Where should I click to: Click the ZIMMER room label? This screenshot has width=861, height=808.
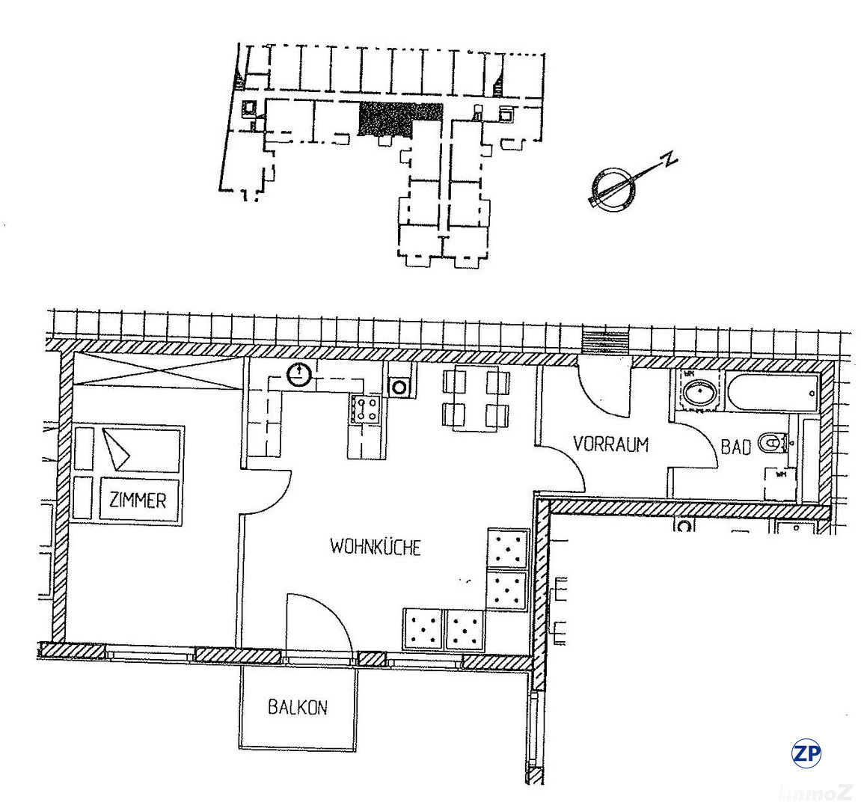[x=138, y=501]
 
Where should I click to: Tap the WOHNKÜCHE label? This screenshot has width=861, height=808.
[x=376, y=547]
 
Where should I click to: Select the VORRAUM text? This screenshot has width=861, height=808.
[x=610, y=444]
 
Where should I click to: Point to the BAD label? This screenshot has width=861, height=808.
[x=735, y=447]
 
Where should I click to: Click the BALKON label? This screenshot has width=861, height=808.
[x=298, y=707]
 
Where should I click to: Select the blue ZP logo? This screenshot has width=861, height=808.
[x=806, y=753]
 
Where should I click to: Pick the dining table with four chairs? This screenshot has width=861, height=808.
[x=477, y=399]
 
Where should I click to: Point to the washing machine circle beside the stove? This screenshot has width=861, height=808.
[x=399, y=387]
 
